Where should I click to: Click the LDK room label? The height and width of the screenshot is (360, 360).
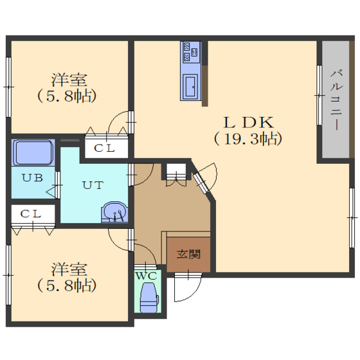click(x=249, y=122)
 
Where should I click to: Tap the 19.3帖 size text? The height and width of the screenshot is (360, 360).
click(x=248, y=139)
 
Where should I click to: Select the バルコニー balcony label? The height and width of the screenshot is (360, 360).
click(x=336, y=100)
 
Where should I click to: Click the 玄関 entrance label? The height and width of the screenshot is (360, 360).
click(x=188, y=254)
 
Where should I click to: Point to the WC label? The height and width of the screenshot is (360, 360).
click(x=147, y=276)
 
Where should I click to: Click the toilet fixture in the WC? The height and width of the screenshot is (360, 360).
click(x=149, y=297)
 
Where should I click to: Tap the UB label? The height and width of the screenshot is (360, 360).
click(x=33, y=177)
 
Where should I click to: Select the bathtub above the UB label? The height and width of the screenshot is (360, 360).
click(x=33, y=152)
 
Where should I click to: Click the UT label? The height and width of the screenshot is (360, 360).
click(x=93, y=185)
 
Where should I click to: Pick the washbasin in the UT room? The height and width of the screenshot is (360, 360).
click(x=114, y=212)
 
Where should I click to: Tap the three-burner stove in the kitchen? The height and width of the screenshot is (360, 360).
click(x=191, y=52)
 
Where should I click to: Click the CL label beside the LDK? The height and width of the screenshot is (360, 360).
click(x=104, y=148)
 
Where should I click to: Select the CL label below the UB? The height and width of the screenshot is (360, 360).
click(x=31, y=214)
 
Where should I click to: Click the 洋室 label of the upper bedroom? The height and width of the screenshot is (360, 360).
click(x=69, y=80)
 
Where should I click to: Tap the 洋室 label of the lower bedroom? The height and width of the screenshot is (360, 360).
click(x=69, y=269)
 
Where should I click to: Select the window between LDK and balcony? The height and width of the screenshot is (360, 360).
click(x=319, y=95)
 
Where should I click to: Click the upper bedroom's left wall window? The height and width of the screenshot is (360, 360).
click(x=8, y=87)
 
